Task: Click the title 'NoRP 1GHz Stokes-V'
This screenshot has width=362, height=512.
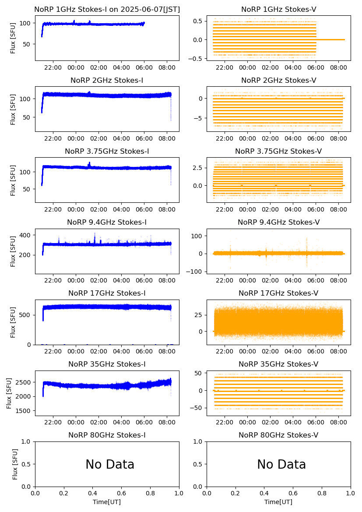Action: (278, 10)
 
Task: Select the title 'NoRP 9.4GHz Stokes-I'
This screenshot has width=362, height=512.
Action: (107, 222)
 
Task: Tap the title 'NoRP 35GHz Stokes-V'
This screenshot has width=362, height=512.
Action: (278, 364)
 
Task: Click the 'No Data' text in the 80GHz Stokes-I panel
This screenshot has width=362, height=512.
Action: (110, 464)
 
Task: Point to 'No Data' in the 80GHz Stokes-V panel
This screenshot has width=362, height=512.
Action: (281, 464)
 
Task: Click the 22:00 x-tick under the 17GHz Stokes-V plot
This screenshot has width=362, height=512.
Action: (225, 351)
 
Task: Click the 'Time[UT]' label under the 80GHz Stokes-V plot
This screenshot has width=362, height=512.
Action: (278, 502)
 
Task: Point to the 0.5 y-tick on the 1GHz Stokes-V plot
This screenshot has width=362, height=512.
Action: (198, 21)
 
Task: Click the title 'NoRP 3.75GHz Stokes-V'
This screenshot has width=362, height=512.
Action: (278, 152)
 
